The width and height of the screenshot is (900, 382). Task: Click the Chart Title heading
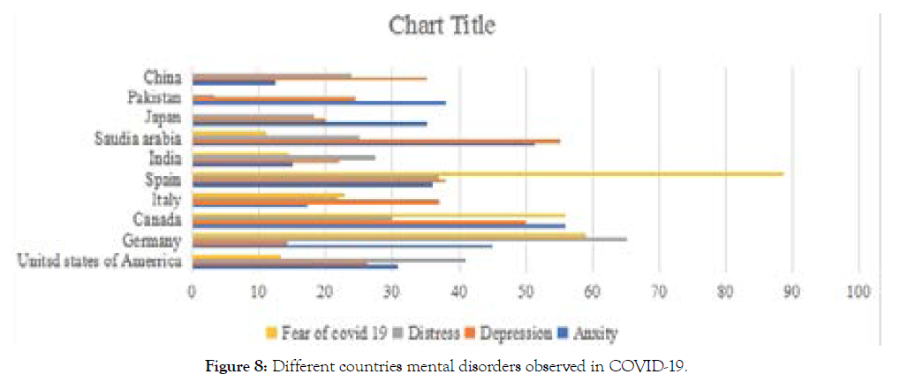(442, 26)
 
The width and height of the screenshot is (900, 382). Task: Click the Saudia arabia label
(139, 139)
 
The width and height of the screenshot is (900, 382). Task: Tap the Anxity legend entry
(590, 333)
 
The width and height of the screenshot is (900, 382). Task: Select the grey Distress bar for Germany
(408, 239)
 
